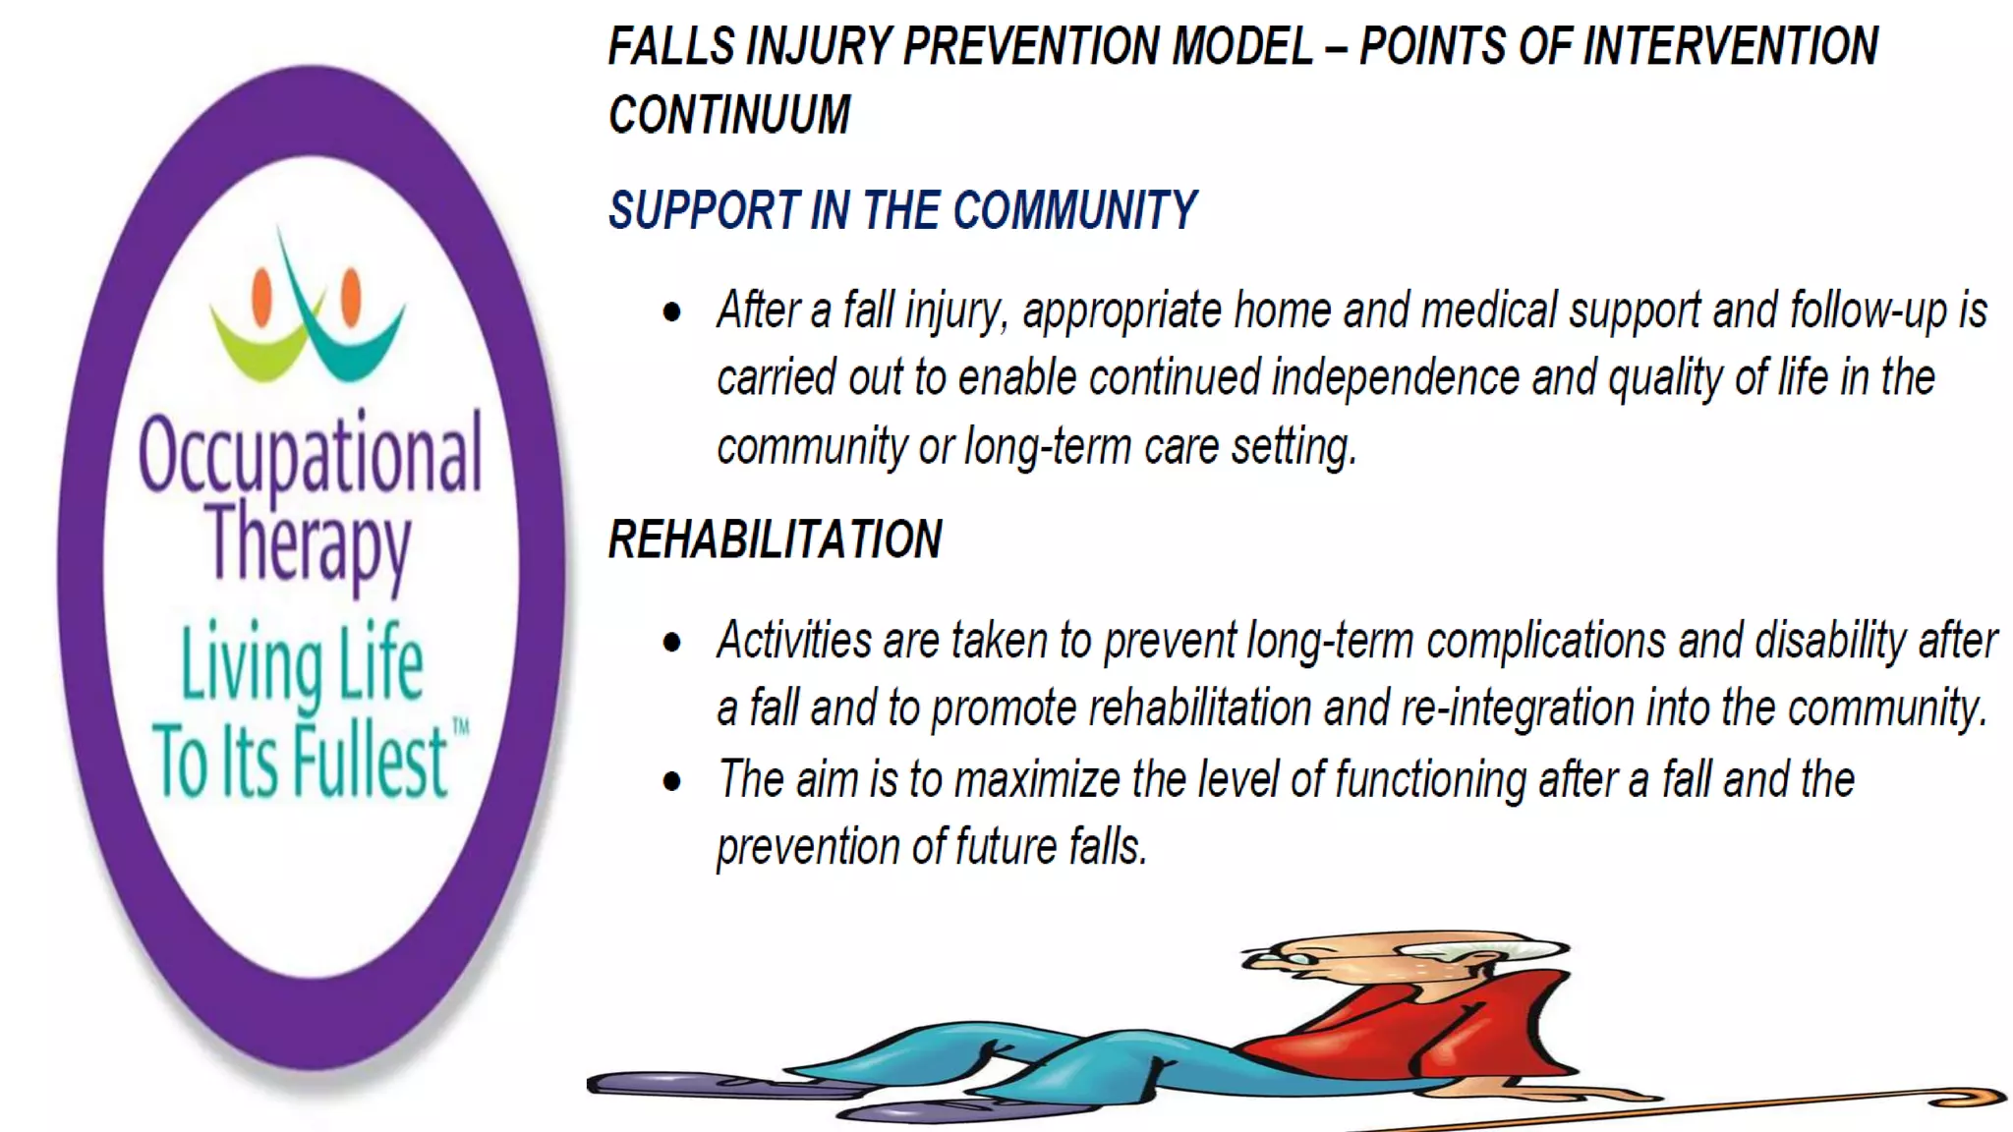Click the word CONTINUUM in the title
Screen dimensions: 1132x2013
[729, 115]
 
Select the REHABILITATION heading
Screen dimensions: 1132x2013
[775, 539]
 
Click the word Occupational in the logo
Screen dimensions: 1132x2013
[311, 455]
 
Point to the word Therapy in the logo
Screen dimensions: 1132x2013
[310, 544]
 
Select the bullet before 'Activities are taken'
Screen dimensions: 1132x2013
[672, 644]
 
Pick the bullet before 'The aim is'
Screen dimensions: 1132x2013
[672, 782]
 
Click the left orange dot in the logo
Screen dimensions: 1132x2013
[262, 296]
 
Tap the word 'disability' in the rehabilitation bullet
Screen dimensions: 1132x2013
[1830, 641]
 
